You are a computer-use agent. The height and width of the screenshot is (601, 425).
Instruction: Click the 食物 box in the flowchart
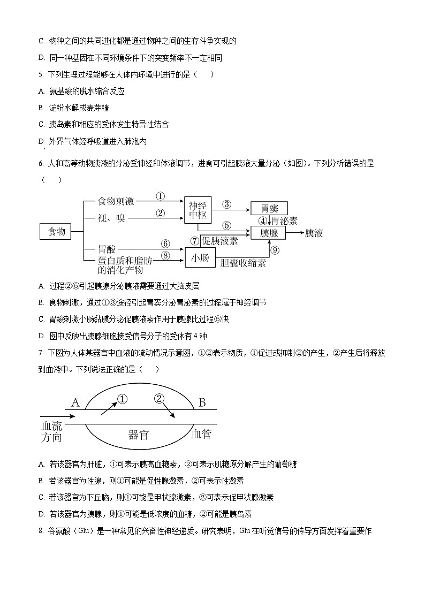click(x=56, y=232)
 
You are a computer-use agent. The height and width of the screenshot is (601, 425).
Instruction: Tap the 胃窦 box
click(x=269, y=208)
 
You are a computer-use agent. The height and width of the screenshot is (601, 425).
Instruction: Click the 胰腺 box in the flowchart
click(x=269, y=233)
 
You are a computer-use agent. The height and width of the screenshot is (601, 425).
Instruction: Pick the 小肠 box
click(x=199, y=258)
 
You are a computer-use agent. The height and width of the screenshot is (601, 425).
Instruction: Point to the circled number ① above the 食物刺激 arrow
click(x=160, y=196)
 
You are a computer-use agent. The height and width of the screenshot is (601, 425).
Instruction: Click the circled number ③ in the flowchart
click(x=226, y=204)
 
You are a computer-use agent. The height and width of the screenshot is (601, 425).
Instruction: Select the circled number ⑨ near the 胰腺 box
click(x=275, y=250)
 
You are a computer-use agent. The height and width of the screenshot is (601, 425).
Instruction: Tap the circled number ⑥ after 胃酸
click(x=165, y=244)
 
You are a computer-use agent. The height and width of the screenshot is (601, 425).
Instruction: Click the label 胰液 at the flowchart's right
click(x=314, y=233)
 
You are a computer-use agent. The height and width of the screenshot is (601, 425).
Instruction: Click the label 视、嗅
click(x=111, y=217)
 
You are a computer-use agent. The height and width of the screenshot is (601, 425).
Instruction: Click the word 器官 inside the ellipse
click(x=139, y=435)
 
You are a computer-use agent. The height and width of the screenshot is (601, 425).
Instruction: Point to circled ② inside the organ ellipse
click(x=160, y=399)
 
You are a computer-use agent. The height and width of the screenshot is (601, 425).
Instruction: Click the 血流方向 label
click(x=52, y=431)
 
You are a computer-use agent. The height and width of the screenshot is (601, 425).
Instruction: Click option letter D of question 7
click(x=41, y=514)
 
